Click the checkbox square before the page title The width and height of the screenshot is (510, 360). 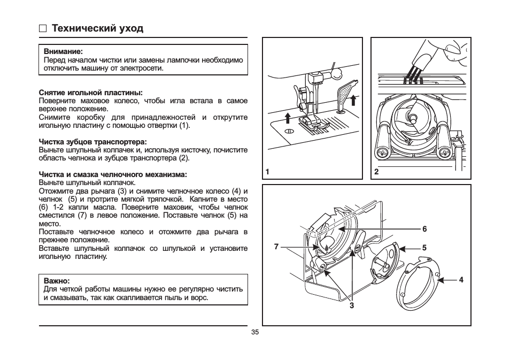43,28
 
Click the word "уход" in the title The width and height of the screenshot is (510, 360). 131,28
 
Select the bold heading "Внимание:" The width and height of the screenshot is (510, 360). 63,52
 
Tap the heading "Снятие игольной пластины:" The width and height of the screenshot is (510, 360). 90,93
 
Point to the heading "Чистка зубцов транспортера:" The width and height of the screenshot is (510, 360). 92,142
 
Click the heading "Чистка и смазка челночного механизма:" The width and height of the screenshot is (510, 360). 113,174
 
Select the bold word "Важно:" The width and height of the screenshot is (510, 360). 57,281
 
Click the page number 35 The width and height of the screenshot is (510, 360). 255,332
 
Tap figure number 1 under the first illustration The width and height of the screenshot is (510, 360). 266,172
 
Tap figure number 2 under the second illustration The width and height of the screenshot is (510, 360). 376,172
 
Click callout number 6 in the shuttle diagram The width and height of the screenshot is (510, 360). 424,229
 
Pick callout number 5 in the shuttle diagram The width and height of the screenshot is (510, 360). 424,248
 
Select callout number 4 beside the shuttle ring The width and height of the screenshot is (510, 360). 461,279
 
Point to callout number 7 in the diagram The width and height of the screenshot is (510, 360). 276,247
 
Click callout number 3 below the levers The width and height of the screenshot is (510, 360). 352,305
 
